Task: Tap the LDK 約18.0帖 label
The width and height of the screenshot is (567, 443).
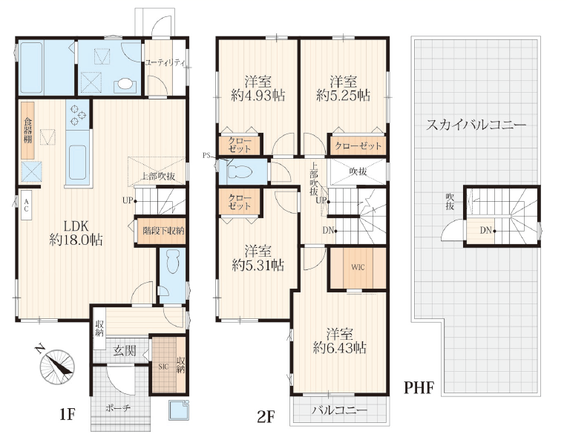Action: click(x=76, y=233)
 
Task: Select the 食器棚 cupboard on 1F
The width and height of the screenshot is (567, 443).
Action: click(x=27, y=130)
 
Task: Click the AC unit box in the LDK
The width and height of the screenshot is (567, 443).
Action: click(x=27, y=205)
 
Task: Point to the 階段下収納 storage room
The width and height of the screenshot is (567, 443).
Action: click(x=161, y=230)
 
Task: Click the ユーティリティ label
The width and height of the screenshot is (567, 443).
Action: click(x=165, y=62)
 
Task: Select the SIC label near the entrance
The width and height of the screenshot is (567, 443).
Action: click(x=163, y=367)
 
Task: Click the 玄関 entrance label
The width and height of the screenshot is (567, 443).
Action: click(x=125, y=350)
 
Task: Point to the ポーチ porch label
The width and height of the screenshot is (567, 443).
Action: click(x=118, y=408)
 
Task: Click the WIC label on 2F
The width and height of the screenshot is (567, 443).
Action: click(x=358, y=267)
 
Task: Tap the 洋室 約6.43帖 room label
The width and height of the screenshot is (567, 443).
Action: click(x=340, y=341)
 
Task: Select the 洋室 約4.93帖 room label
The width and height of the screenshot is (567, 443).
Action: click(x=258, y=88)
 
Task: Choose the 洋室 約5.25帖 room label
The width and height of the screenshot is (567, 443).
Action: click(x=343, y=88)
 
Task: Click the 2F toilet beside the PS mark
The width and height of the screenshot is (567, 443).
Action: click(x=240, y=171)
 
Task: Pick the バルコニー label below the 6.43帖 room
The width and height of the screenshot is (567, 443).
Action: click(x=339, y=410)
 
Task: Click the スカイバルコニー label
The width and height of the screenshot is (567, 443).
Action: click(x=476, y=125)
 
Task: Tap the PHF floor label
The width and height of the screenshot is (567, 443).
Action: click(x=419, y=387)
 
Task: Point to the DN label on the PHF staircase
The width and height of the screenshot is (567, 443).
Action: click(x=485, y=230)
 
